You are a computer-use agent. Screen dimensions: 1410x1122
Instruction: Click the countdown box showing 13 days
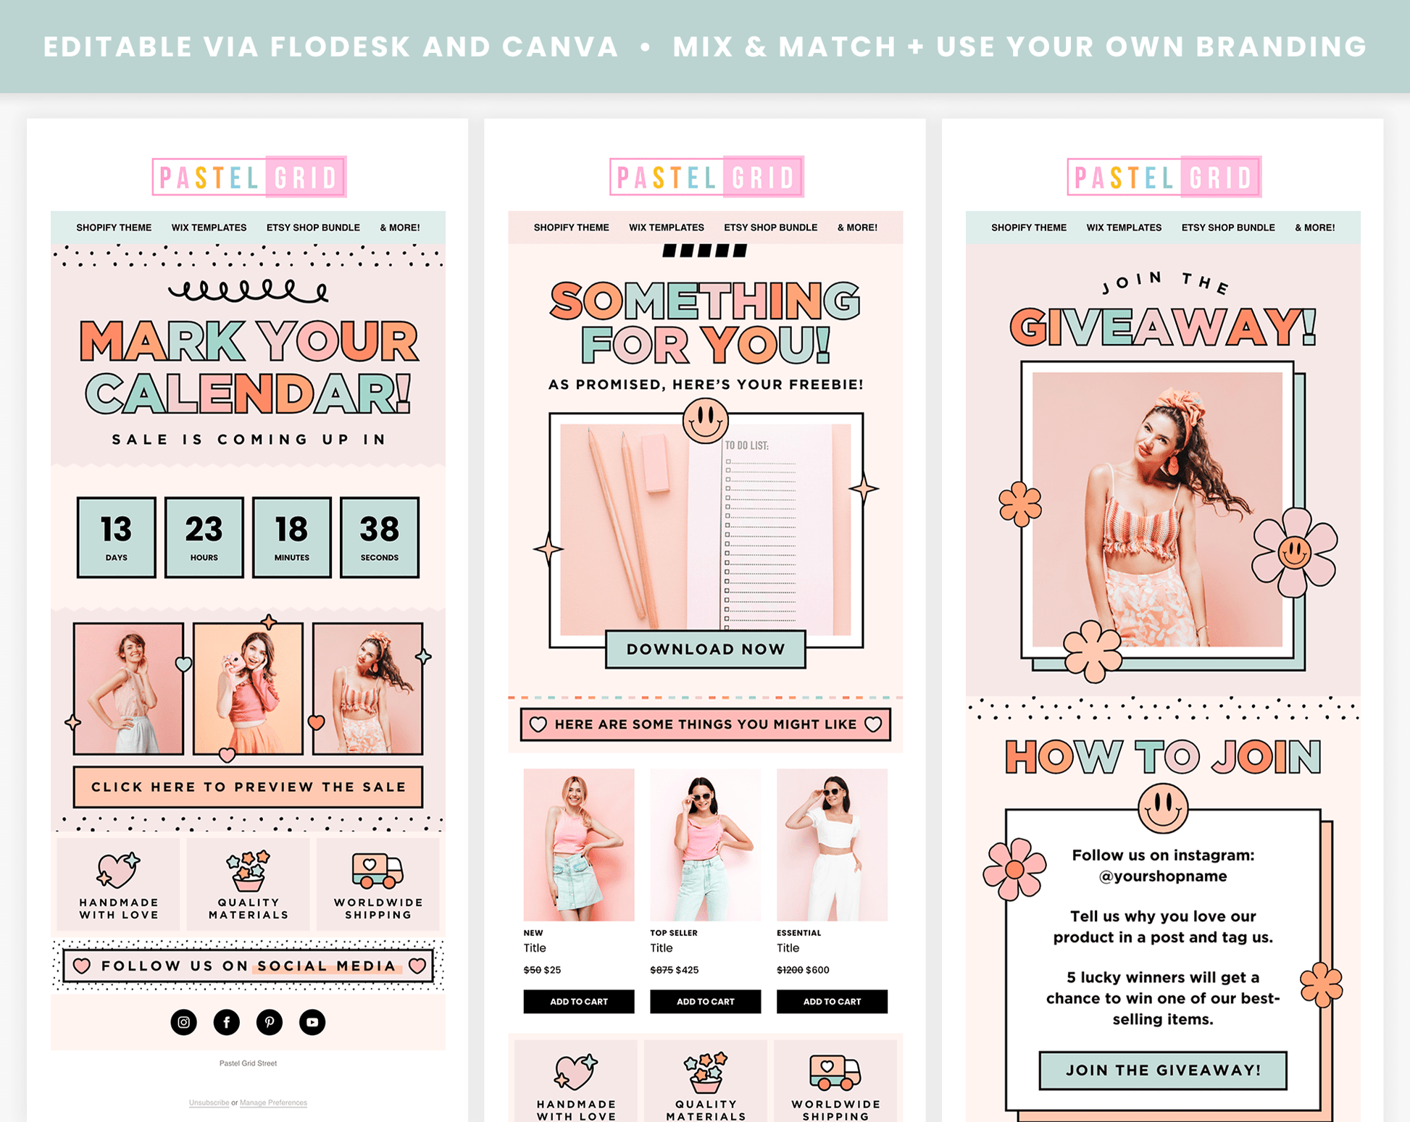click(x=116, y=537)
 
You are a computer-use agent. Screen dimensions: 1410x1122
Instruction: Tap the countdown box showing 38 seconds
click(x=380, y=537)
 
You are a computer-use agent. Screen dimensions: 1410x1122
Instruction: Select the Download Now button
click(x=706, y=649)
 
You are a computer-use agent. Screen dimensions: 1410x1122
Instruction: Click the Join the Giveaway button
click(x=1163, y=1070)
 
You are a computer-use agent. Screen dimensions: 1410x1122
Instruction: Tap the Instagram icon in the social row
click(x=184, y=1022)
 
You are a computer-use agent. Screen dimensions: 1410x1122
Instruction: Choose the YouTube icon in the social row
click(x=312, y=1022)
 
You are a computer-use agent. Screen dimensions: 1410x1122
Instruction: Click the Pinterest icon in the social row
click(x=270, y=1022)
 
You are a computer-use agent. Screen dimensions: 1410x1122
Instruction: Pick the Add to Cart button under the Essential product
click(x=832, y=1001)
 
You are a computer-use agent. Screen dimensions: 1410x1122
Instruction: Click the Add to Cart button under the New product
click(x=579, y=1001)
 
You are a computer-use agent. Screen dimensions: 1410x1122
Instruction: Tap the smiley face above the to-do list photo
click(x=705, y=421)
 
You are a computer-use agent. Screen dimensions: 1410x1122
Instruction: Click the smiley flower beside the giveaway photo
click(x=1295, y=553)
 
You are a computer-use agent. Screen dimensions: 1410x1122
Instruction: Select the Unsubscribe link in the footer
click(x=209, y=1102)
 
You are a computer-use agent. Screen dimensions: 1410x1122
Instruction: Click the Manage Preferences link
click(x=273, y=1102)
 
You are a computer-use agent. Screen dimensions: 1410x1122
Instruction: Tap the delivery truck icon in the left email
click(x=377, y=870)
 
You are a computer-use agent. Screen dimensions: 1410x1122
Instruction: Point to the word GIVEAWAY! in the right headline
click(x=1163, y=327)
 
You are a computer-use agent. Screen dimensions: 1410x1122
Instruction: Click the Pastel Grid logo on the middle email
click(x=706, y=177)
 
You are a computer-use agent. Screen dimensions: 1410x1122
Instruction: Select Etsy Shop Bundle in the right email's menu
click(x=1228, y=227)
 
